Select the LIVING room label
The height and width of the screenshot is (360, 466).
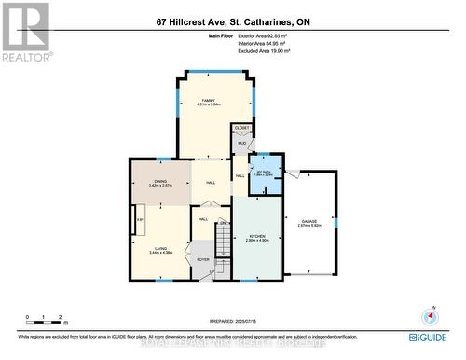coord(161,246)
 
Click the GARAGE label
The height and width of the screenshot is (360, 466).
coord(308,221)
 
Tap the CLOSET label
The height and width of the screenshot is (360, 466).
coord(241,127)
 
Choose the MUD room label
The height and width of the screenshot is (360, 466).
coord(240,144)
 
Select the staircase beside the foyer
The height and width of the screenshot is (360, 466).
coord(223,244)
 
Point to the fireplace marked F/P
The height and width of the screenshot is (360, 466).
coord(140,220)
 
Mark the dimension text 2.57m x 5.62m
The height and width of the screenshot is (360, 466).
coord(308,226)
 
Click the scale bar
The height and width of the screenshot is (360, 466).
coord(44,324)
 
